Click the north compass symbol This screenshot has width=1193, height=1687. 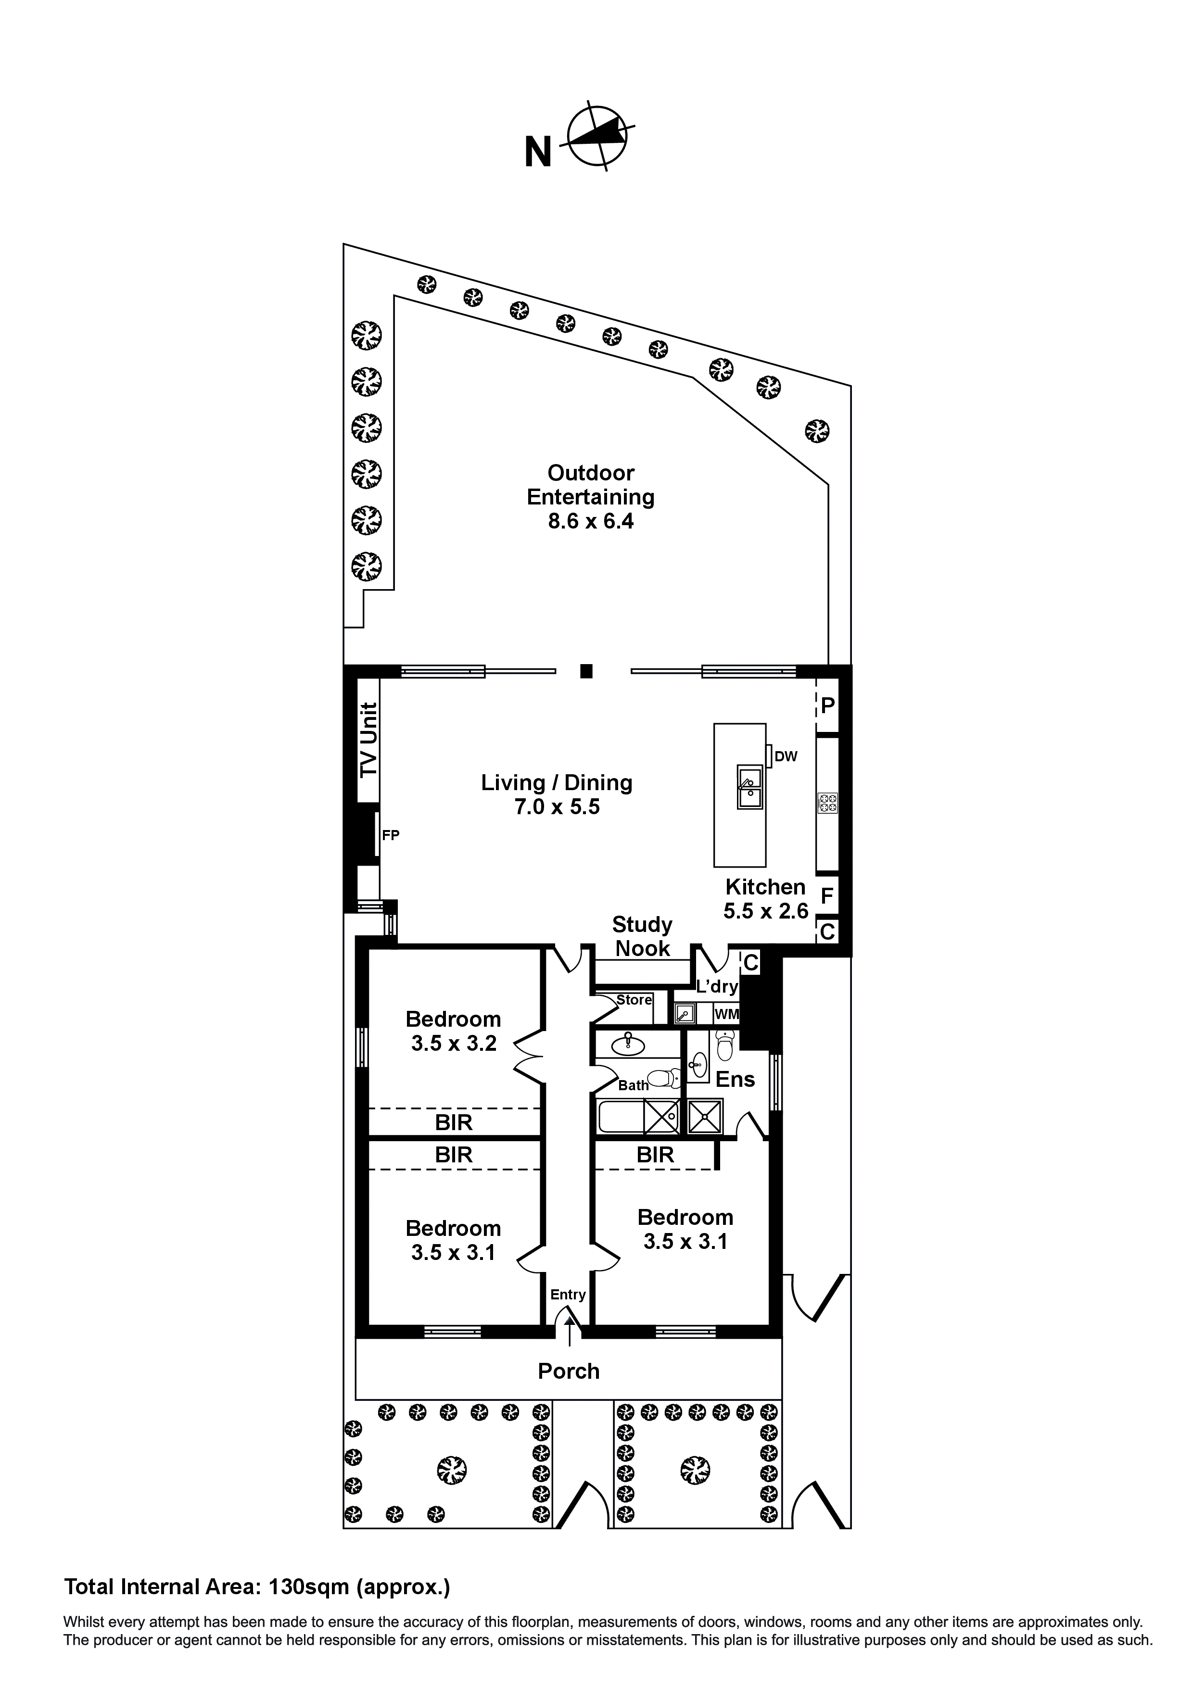[x=599, y=136]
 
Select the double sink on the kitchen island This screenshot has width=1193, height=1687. [x=750, y=786]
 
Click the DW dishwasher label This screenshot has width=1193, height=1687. [x=786, y=756]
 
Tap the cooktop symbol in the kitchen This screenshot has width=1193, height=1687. [x=828, y=803]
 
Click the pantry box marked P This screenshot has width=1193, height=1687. [x=828, y=706]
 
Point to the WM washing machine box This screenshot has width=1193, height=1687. [x=726, y=1015]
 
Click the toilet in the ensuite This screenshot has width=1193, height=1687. [x=725, y=1045]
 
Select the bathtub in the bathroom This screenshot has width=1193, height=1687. [x=620, y=1118]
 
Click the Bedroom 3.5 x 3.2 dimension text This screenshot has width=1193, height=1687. [x=454, y=1044]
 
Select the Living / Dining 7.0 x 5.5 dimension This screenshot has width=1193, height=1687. [x=557, y=807]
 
